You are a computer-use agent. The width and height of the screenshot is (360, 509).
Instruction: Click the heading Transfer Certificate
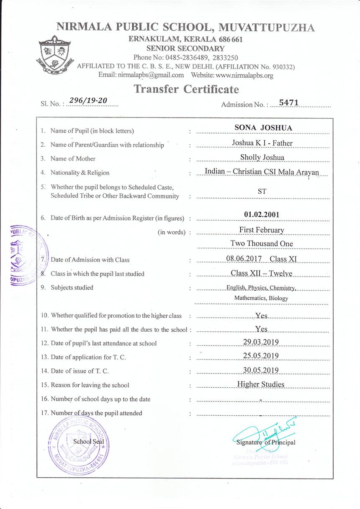(x=186, y=89)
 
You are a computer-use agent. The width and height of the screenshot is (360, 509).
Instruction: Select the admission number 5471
(x=288, y=102)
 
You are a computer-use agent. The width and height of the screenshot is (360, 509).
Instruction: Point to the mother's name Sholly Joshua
(x=262, y=157)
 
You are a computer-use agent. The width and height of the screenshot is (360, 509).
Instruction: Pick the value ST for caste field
(x=262, y=192)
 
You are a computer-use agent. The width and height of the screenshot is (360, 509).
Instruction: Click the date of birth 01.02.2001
(x=262, y=215)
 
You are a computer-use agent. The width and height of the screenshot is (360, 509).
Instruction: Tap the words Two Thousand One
(x=262, y=243)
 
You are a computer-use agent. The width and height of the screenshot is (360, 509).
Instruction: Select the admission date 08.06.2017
(x=244, y=259)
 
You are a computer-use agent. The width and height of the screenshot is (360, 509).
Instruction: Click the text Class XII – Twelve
(x=262, y=274)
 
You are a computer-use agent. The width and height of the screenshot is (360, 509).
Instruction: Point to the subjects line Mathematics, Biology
(x=261, y=298)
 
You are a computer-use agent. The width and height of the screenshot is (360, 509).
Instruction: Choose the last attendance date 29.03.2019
(x=261, y=343)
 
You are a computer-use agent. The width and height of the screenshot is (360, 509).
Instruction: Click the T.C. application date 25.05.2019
(x=261, y=356)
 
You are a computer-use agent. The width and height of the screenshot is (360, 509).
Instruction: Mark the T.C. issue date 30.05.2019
(x=261, y=371)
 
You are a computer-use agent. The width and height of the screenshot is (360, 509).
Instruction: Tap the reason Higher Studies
(x=261, y=384)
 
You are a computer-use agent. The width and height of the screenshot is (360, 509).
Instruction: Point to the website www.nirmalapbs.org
(x=244, y=75)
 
